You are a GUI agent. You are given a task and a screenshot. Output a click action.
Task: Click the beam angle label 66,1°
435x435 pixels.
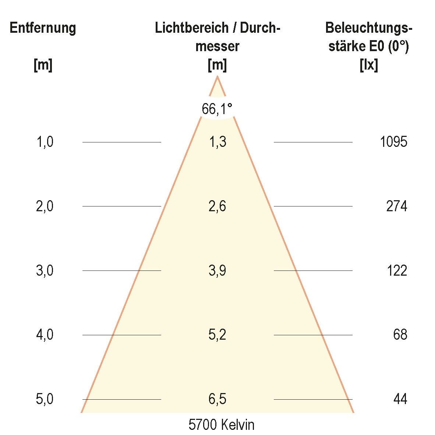point(217,109)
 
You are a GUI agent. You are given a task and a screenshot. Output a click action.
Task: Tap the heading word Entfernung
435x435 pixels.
point(43,28)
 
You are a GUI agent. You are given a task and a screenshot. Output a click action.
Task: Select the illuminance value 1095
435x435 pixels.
point(393,142)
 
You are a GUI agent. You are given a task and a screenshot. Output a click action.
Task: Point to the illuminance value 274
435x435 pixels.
point(396,206)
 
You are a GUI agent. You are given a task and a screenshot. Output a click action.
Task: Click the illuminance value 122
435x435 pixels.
point(397,271)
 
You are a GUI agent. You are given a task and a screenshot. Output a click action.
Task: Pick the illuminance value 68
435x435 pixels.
point(400,335)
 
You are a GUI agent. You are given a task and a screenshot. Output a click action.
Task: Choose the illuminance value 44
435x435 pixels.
point(400,399)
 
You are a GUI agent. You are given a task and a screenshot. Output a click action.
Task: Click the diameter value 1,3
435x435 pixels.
point(217,142)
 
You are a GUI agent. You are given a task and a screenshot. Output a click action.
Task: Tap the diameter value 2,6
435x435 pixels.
point(217,206)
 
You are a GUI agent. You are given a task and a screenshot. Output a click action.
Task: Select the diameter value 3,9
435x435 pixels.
point(217,271)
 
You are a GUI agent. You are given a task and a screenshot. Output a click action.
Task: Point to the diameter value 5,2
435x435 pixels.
point(217,335)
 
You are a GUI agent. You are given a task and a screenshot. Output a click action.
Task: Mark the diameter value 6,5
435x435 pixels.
point(217,399)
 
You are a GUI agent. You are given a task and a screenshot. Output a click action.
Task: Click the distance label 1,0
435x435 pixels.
point(45,142)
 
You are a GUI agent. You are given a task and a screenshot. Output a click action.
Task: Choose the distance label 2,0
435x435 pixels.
point(45,206)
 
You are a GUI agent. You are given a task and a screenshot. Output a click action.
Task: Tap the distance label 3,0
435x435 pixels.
point(45,271)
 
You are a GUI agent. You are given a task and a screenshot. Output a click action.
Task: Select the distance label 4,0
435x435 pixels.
point(45,335)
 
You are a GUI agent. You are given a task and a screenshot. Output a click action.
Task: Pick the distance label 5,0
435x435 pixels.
point(45,399)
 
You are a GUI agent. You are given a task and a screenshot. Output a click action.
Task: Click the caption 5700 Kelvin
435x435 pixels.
point(221,425)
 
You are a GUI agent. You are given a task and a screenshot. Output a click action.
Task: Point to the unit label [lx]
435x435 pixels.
point(368,66)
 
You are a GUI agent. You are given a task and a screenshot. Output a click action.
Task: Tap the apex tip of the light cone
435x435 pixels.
point(217,77)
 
